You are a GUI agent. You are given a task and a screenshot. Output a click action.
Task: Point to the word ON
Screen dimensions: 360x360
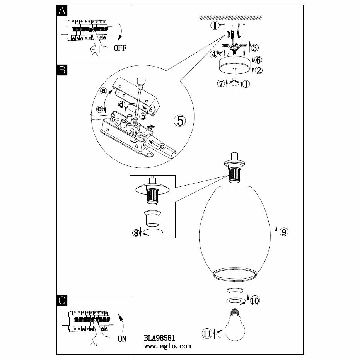(x=121, y=339)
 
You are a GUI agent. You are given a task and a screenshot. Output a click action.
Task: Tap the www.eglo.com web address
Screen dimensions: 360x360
(x=167, y=346)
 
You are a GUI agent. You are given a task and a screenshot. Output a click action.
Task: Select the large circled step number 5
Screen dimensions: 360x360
(x=179, y=121)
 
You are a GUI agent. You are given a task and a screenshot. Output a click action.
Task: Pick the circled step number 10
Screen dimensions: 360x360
(x=255, y=300)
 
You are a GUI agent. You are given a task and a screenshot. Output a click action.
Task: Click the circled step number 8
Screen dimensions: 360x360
(x=135, y=233)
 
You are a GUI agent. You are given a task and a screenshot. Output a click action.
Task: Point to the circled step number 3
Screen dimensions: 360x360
(x=255, y=48)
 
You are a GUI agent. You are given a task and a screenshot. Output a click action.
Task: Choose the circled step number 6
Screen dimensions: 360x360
(x=259, y=60)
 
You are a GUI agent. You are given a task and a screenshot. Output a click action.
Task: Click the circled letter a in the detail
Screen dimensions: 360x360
(x=103, y=91)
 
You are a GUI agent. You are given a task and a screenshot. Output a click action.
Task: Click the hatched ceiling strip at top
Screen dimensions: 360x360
(x=231, y=18)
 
